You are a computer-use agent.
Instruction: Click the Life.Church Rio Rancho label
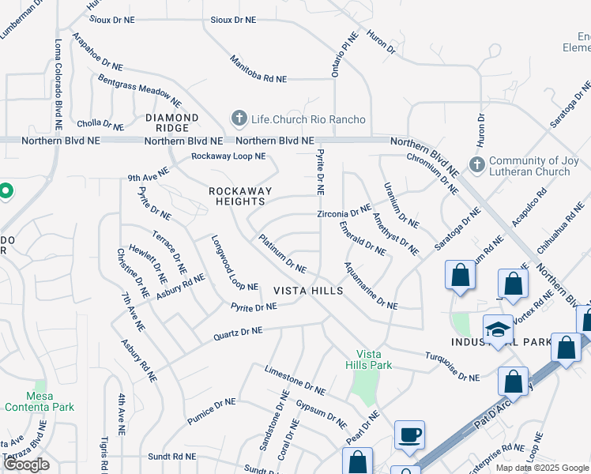[x=308, y=119]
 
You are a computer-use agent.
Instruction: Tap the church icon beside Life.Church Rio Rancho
[x=239, y=118]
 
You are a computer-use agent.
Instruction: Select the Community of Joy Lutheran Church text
[x=529, y=166]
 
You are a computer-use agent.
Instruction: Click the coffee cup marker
[x=409, y=435]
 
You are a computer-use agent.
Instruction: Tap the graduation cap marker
[x=498, y=329]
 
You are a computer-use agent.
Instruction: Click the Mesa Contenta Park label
[x=40, y=401]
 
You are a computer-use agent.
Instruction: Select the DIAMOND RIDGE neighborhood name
[x=167, y=122]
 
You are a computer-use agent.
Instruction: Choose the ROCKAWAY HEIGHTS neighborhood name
[x=240, y=196]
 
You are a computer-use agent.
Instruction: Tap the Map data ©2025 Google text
[x=542, y=468]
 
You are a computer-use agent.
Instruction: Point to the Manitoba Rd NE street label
[x=258, y=69]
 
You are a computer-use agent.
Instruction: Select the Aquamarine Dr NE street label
[x=371, y=285]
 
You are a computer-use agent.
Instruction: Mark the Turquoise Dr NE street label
[x=452, y=367]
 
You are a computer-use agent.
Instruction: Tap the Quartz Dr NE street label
[x=238, y=334]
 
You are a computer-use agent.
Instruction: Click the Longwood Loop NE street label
[x=235, y=263]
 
